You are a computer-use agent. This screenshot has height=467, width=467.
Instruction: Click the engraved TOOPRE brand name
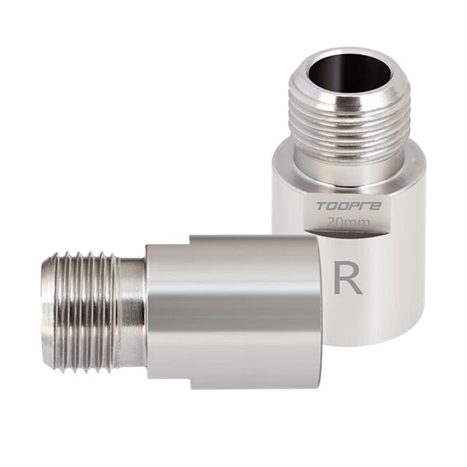click(x=349, y=206)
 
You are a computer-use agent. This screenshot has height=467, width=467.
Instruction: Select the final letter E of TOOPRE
click(x=375, y=206)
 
